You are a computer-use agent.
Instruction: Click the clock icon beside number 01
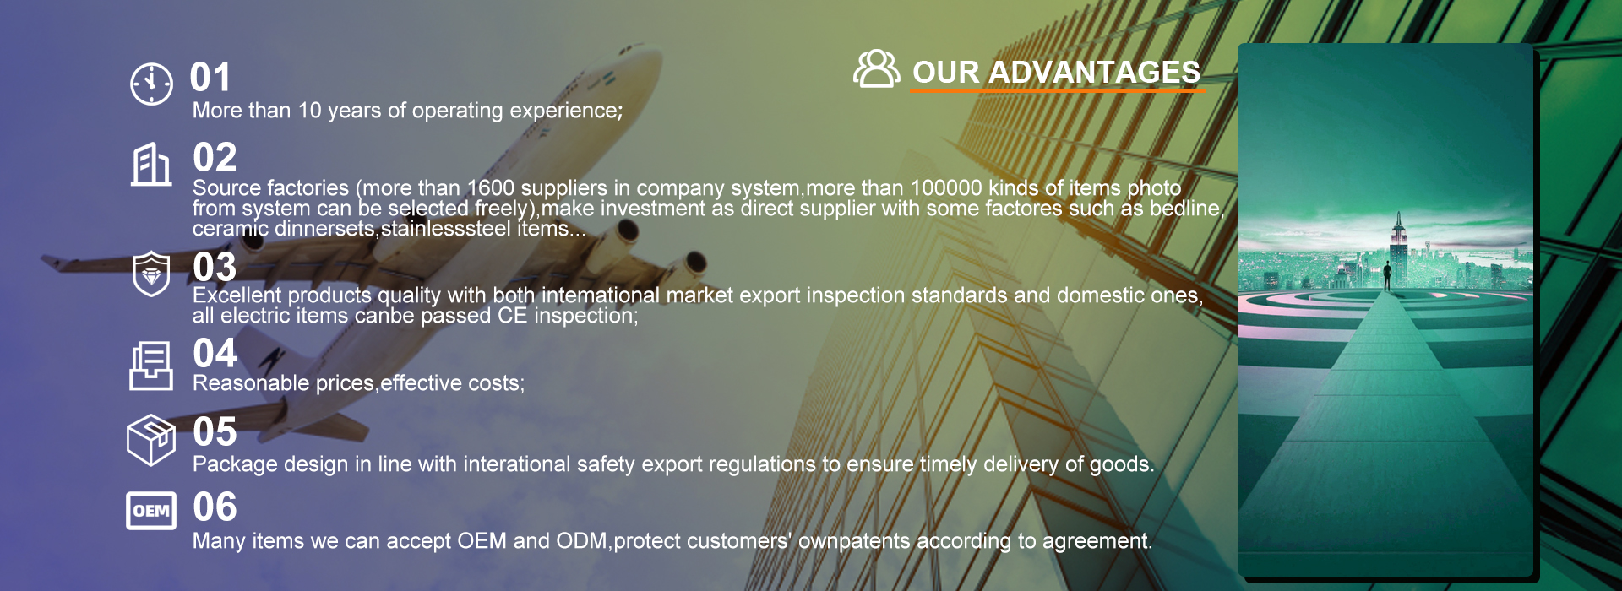151,84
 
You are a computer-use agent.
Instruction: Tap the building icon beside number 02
151,164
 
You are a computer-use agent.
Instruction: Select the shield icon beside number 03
151,274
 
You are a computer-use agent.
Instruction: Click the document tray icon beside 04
151,366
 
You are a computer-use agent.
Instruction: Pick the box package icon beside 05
151,439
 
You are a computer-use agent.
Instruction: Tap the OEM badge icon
151,510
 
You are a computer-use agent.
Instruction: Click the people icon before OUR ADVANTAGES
876,68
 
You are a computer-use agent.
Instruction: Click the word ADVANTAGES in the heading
1094,73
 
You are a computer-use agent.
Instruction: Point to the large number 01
210,78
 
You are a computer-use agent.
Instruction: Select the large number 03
215,268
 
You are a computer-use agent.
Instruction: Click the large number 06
215,507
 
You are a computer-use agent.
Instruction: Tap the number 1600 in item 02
490,187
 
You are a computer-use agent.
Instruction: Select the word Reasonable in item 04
251,383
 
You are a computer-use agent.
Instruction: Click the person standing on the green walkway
1387,276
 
